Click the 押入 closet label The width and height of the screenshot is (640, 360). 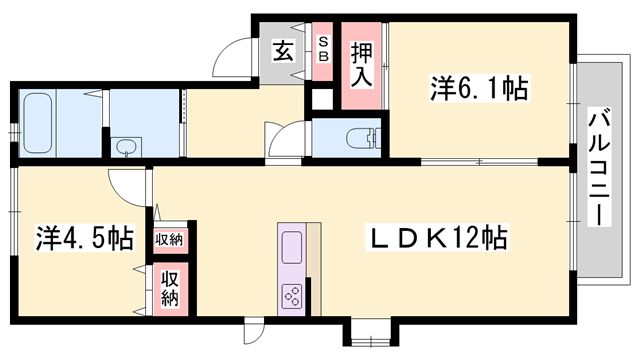pyautogui.click(x=361, y=65)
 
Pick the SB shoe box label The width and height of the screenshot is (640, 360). pyautogui.click(x=323, y=49)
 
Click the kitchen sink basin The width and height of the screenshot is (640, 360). pyautogui.click(x=293, y=246)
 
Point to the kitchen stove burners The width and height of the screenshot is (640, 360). pyautogui.click(x=294, y=295)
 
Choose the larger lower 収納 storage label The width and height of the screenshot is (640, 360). pyautogui.click(x=170, y=287)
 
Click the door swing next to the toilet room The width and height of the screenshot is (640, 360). pyautogui.click(x=284, y=137)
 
